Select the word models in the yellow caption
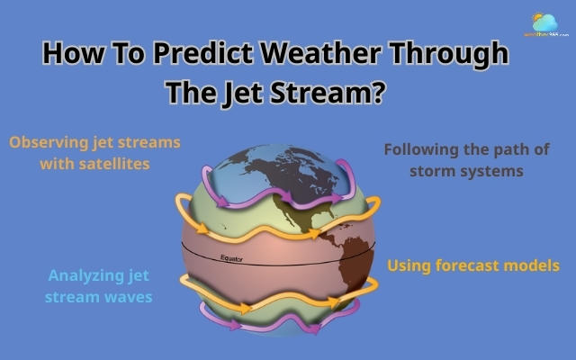pos(533,265)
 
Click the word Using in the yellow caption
pos(410,266)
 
